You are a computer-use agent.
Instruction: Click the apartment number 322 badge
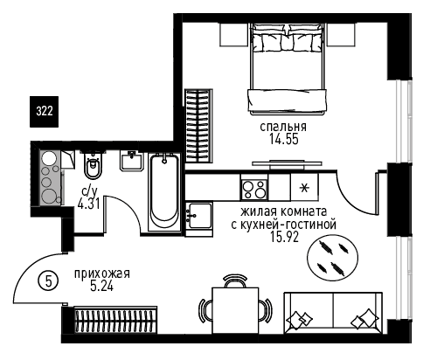(45, 112)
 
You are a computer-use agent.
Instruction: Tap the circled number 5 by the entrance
(48, 281)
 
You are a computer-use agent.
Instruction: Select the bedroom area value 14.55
(284, 140)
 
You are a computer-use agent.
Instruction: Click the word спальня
(283, 127)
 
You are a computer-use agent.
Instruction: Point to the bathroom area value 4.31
(89, 204)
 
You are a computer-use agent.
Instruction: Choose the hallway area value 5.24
(102, 287)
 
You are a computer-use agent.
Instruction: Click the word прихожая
(102, 273)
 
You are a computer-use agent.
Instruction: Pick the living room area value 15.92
(284, 238)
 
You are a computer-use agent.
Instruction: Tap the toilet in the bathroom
(93, 165)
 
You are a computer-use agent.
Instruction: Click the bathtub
(164, 192)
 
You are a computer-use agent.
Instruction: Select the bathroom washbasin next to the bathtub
(131, 161)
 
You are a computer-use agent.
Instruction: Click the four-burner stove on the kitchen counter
(254, 190)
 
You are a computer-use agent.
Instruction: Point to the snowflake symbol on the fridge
(305, 188)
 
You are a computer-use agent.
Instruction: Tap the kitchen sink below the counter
(199, 216)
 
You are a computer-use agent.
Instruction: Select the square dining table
(235, 310)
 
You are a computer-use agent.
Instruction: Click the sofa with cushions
(333, 313)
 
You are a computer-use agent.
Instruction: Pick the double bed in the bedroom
(288, 70)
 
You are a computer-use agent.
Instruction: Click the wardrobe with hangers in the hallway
(115, 320)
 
